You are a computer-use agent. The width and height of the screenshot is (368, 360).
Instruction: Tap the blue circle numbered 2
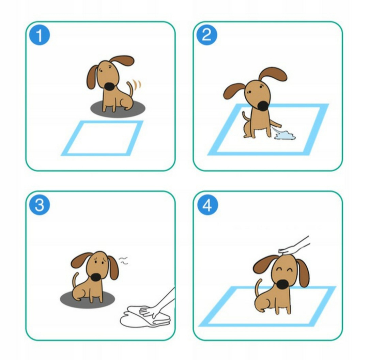click(206, 35)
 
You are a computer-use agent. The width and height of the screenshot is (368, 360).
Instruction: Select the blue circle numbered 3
click(40, 204)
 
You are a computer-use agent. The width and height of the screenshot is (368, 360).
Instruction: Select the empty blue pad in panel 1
click(102, 138)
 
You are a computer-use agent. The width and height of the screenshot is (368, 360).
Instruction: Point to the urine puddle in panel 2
click(285, 135)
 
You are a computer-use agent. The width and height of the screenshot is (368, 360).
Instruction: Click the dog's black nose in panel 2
click(262, 106)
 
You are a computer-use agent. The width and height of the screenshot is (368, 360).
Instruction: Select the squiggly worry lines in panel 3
click(123, 261)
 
